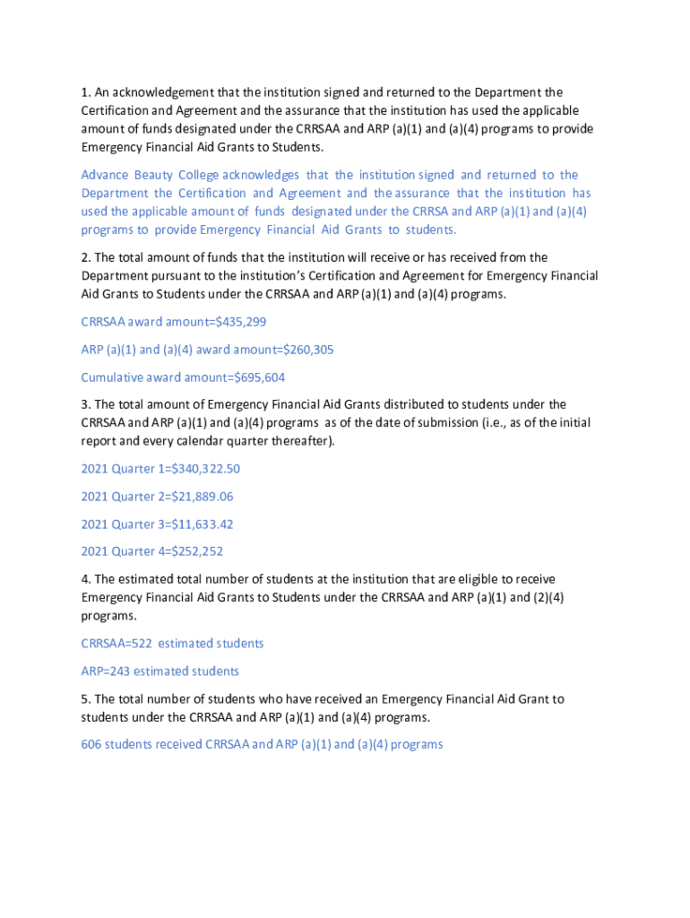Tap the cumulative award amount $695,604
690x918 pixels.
click(259, 377)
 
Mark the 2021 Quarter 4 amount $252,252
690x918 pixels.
click(191, 552)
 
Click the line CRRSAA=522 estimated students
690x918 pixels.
click(172, 644)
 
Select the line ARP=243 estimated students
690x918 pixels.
click(160, 671)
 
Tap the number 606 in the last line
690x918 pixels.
click(91, 745)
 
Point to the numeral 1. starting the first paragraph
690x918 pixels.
click(85, 92)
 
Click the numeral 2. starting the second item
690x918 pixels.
click(85, 258)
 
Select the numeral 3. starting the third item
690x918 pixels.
click(85, 405)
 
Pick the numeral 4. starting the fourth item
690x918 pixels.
click(85, 580)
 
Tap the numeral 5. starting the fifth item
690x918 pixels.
click(85, 699)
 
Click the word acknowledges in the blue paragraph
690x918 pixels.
click(261, 175)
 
